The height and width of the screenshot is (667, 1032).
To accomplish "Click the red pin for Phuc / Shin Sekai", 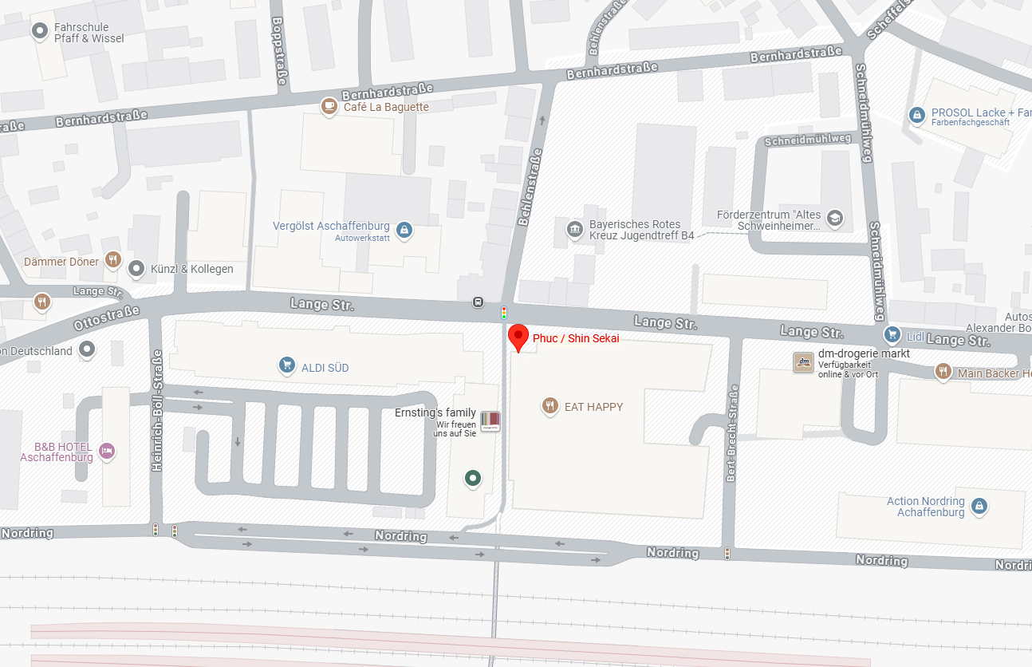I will (518, 337).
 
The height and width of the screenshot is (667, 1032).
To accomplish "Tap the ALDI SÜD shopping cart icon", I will (287, 365).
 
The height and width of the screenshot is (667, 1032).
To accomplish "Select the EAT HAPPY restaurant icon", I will (549, 406).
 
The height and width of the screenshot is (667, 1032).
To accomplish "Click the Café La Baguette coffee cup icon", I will (329, 106).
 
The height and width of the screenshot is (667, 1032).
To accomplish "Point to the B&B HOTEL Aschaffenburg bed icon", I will (107, 452).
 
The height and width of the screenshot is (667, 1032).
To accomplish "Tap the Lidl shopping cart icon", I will (893, 335).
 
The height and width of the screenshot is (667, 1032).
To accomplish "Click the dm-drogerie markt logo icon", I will (803, 362).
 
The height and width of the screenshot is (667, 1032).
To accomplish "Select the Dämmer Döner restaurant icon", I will (113, 260).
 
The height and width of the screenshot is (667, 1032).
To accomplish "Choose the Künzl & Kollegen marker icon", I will (136, 268).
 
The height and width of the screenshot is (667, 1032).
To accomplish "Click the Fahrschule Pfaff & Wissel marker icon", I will (39, 31).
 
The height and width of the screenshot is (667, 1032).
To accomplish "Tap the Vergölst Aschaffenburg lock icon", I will (404, 231).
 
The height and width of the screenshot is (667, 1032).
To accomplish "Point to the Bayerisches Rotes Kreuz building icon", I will (574, 231).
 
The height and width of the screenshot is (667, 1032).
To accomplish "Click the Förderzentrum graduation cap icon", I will (834, 219).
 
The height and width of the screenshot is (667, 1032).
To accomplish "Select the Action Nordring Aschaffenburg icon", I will (979, 506).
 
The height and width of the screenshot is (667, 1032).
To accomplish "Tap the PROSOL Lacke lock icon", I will (917, 116).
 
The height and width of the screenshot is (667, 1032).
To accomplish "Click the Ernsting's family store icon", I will (490, 421).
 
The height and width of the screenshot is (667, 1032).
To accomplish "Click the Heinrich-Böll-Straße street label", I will (157, 410).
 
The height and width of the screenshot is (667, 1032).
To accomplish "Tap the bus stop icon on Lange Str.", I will (478, 302).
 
